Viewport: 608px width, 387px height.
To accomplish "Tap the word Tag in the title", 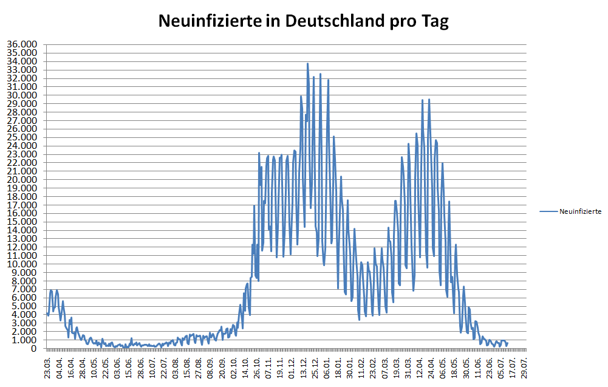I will (x=432, y=22).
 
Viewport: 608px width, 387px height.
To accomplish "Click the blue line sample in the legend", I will (x=548, y=211).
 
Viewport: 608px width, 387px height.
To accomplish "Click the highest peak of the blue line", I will (x=307, y=64).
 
